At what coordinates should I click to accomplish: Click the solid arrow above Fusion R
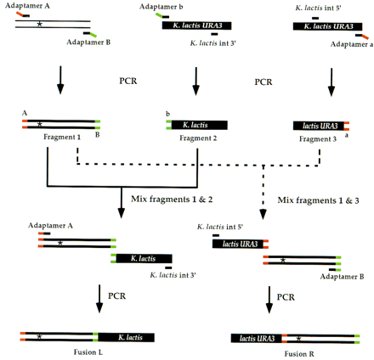pyautogui.click(x=270, y=300)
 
